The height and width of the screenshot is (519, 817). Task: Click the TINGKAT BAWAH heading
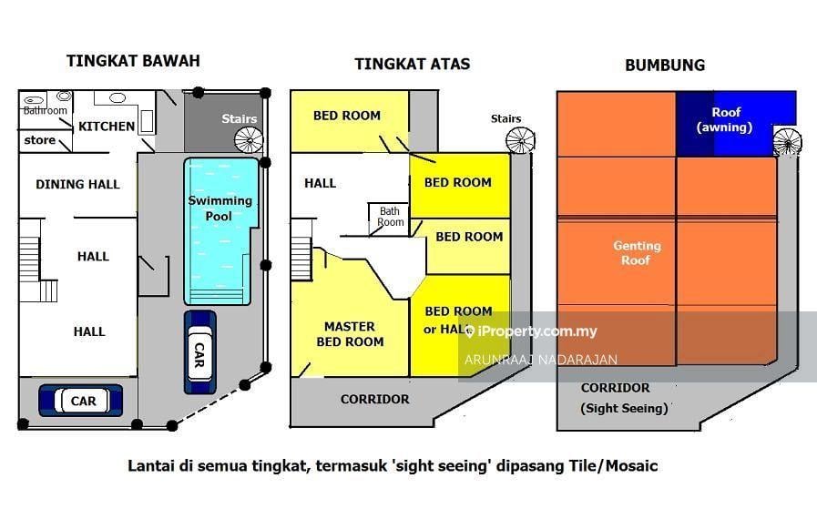(133, 61)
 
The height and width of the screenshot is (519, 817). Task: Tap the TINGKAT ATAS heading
(412, 64)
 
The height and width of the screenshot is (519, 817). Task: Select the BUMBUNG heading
(664, 65)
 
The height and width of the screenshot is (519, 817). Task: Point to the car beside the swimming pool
(199, 352)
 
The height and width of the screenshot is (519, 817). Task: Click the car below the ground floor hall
(83, 400)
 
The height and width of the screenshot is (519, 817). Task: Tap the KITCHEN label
(107, 127)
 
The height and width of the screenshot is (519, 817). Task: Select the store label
(39, 141)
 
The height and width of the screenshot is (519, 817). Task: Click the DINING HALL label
(77, 184)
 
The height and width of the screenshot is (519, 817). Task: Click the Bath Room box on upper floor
(390, 217)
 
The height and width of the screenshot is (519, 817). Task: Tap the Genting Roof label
(637, 253)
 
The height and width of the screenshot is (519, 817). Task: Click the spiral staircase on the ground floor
(247, 139)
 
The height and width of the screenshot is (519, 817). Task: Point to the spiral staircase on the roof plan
(787, 142)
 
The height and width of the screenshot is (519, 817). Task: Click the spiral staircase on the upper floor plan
(520, 139)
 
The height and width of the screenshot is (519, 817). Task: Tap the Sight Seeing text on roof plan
(625, 408)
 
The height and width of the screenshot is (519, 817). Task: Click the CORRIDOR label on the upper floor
(374, 399)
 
